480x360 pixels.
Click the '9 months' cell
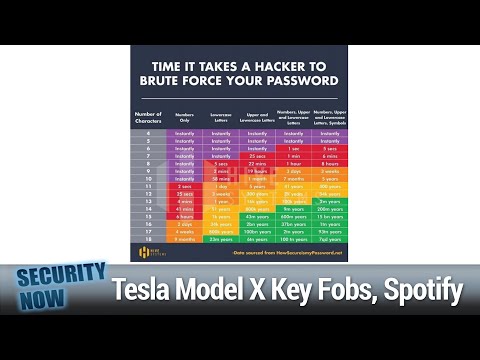coord(185,240)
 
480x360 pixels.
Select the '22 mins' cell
coord(257,165)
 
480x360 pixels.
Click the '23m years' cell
coord(221,240)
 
